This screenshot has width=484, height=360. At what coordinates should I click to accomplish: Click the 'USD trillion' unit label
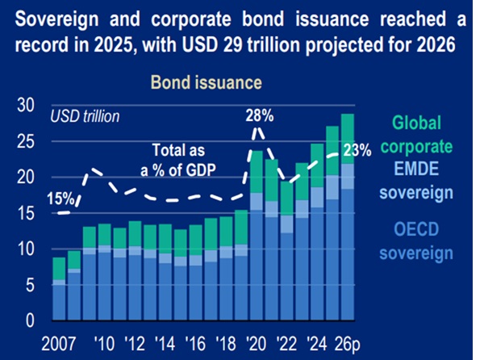pyautogui.click(x=86, y=115)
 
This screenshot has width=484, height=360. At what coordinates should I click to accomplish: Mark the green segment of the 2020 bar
pyautogui.click(x=257, y=173)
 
